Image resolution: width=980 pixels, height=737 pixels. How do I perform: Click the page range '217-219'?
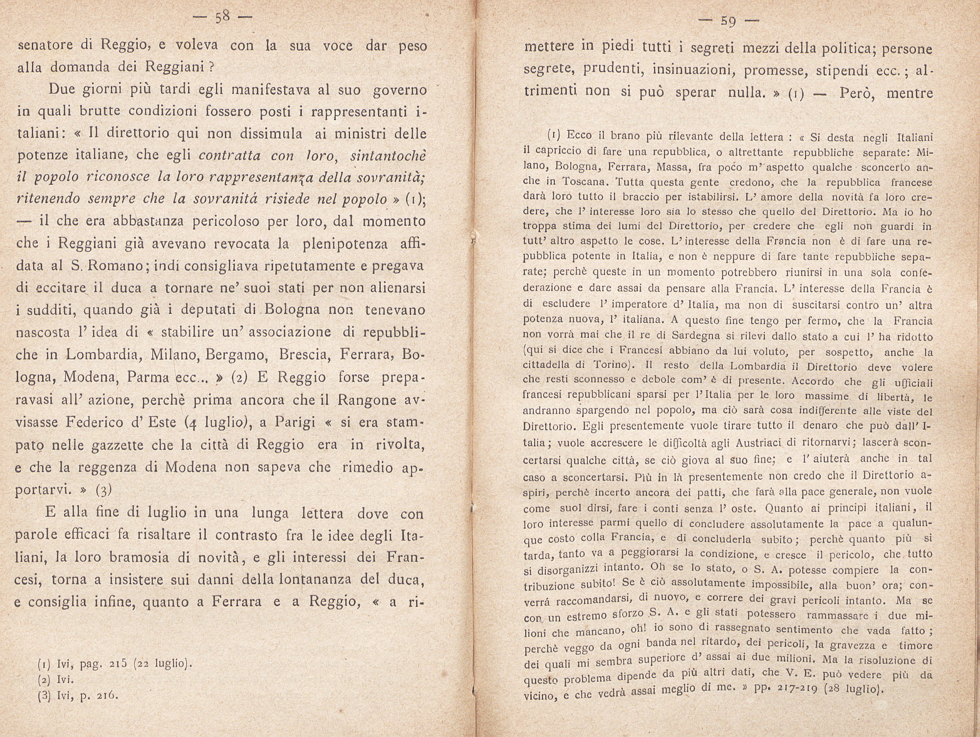tap(791, 688)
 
